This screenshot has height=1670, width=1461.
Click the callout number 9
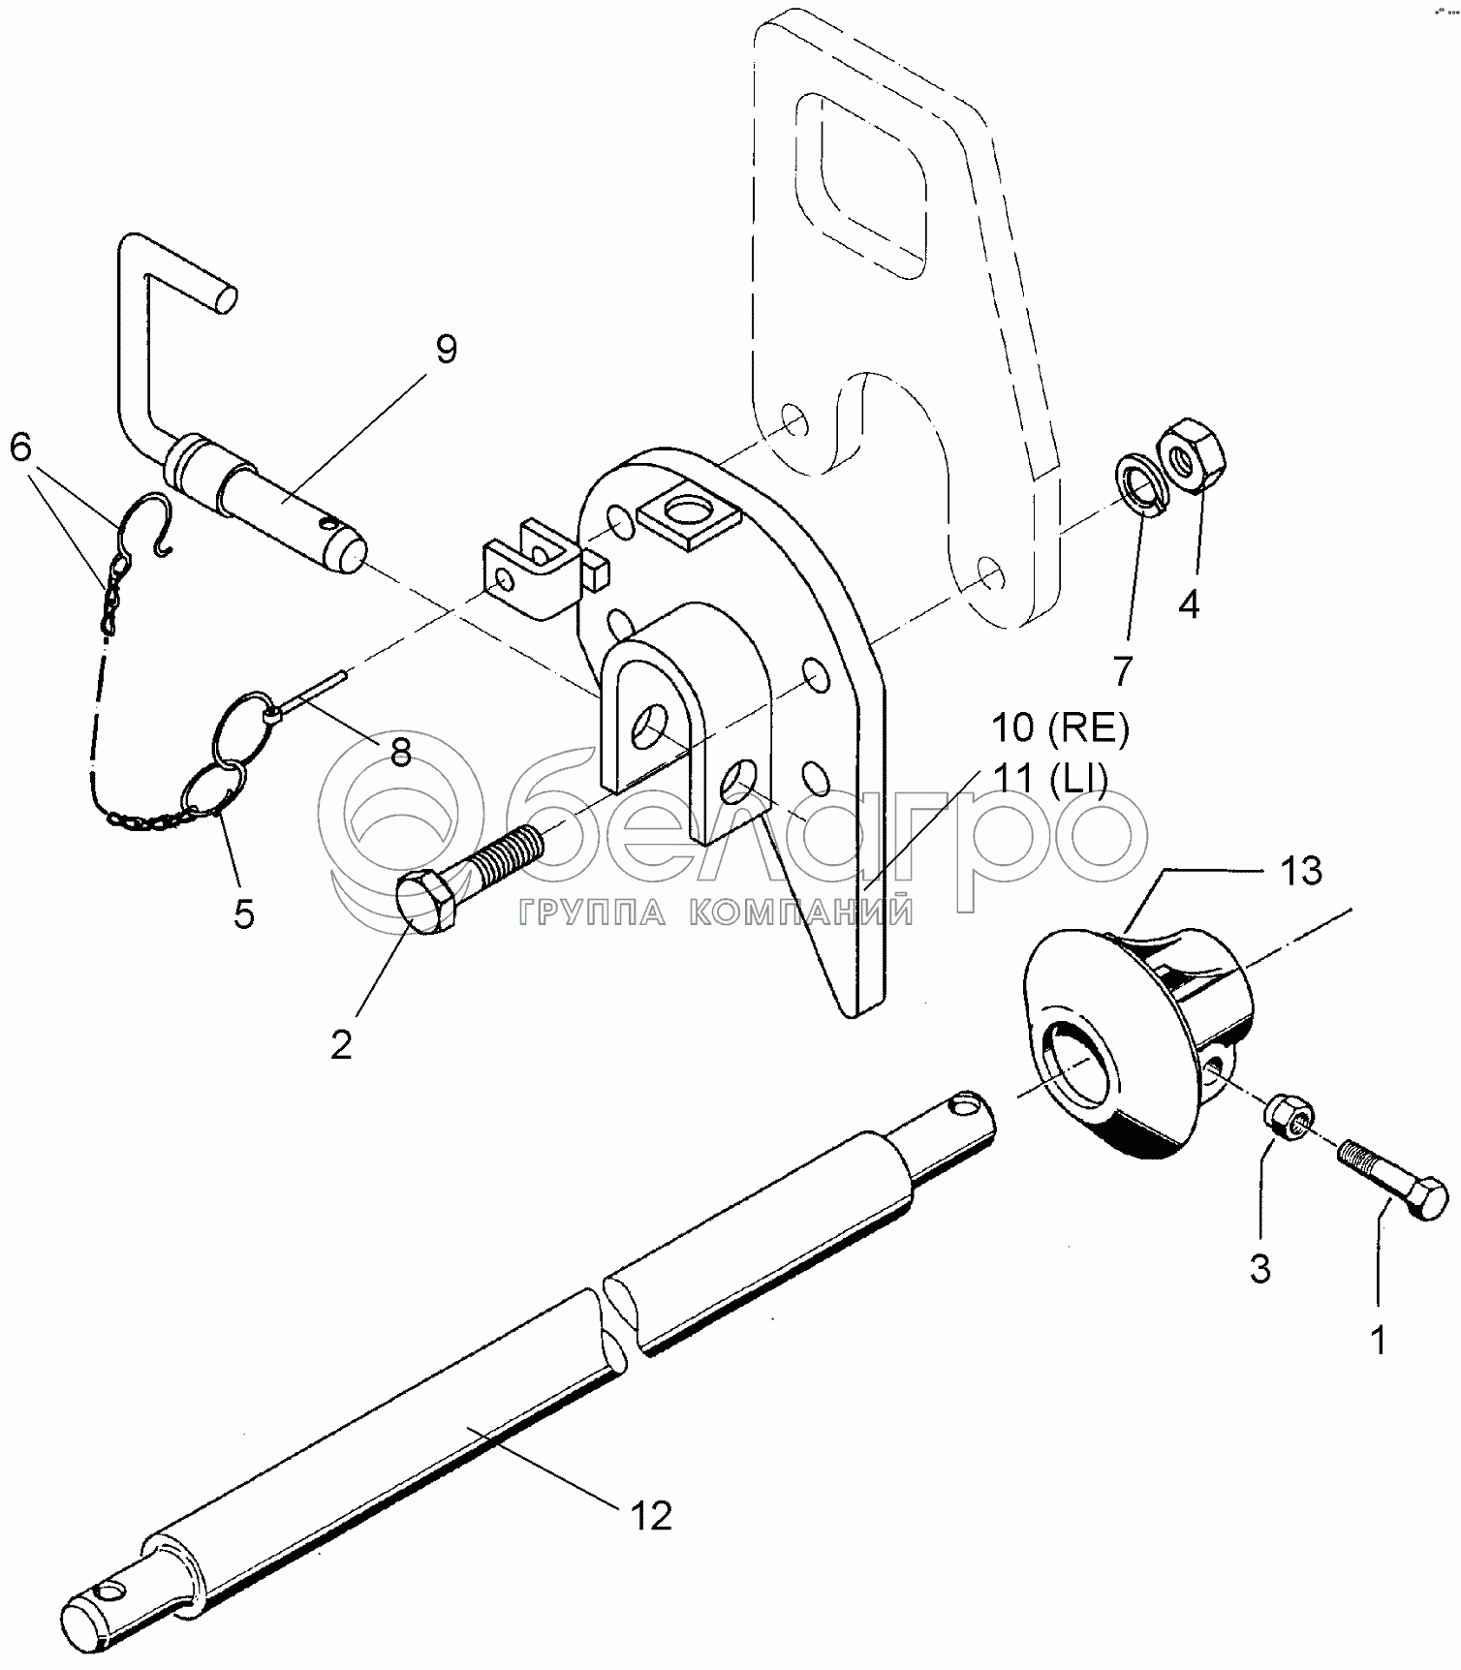[446, 349]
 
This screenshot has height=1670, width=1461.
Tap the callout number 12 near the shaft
[651, 1516]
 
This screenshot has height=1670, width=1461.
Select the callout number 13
[1300, 871]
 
